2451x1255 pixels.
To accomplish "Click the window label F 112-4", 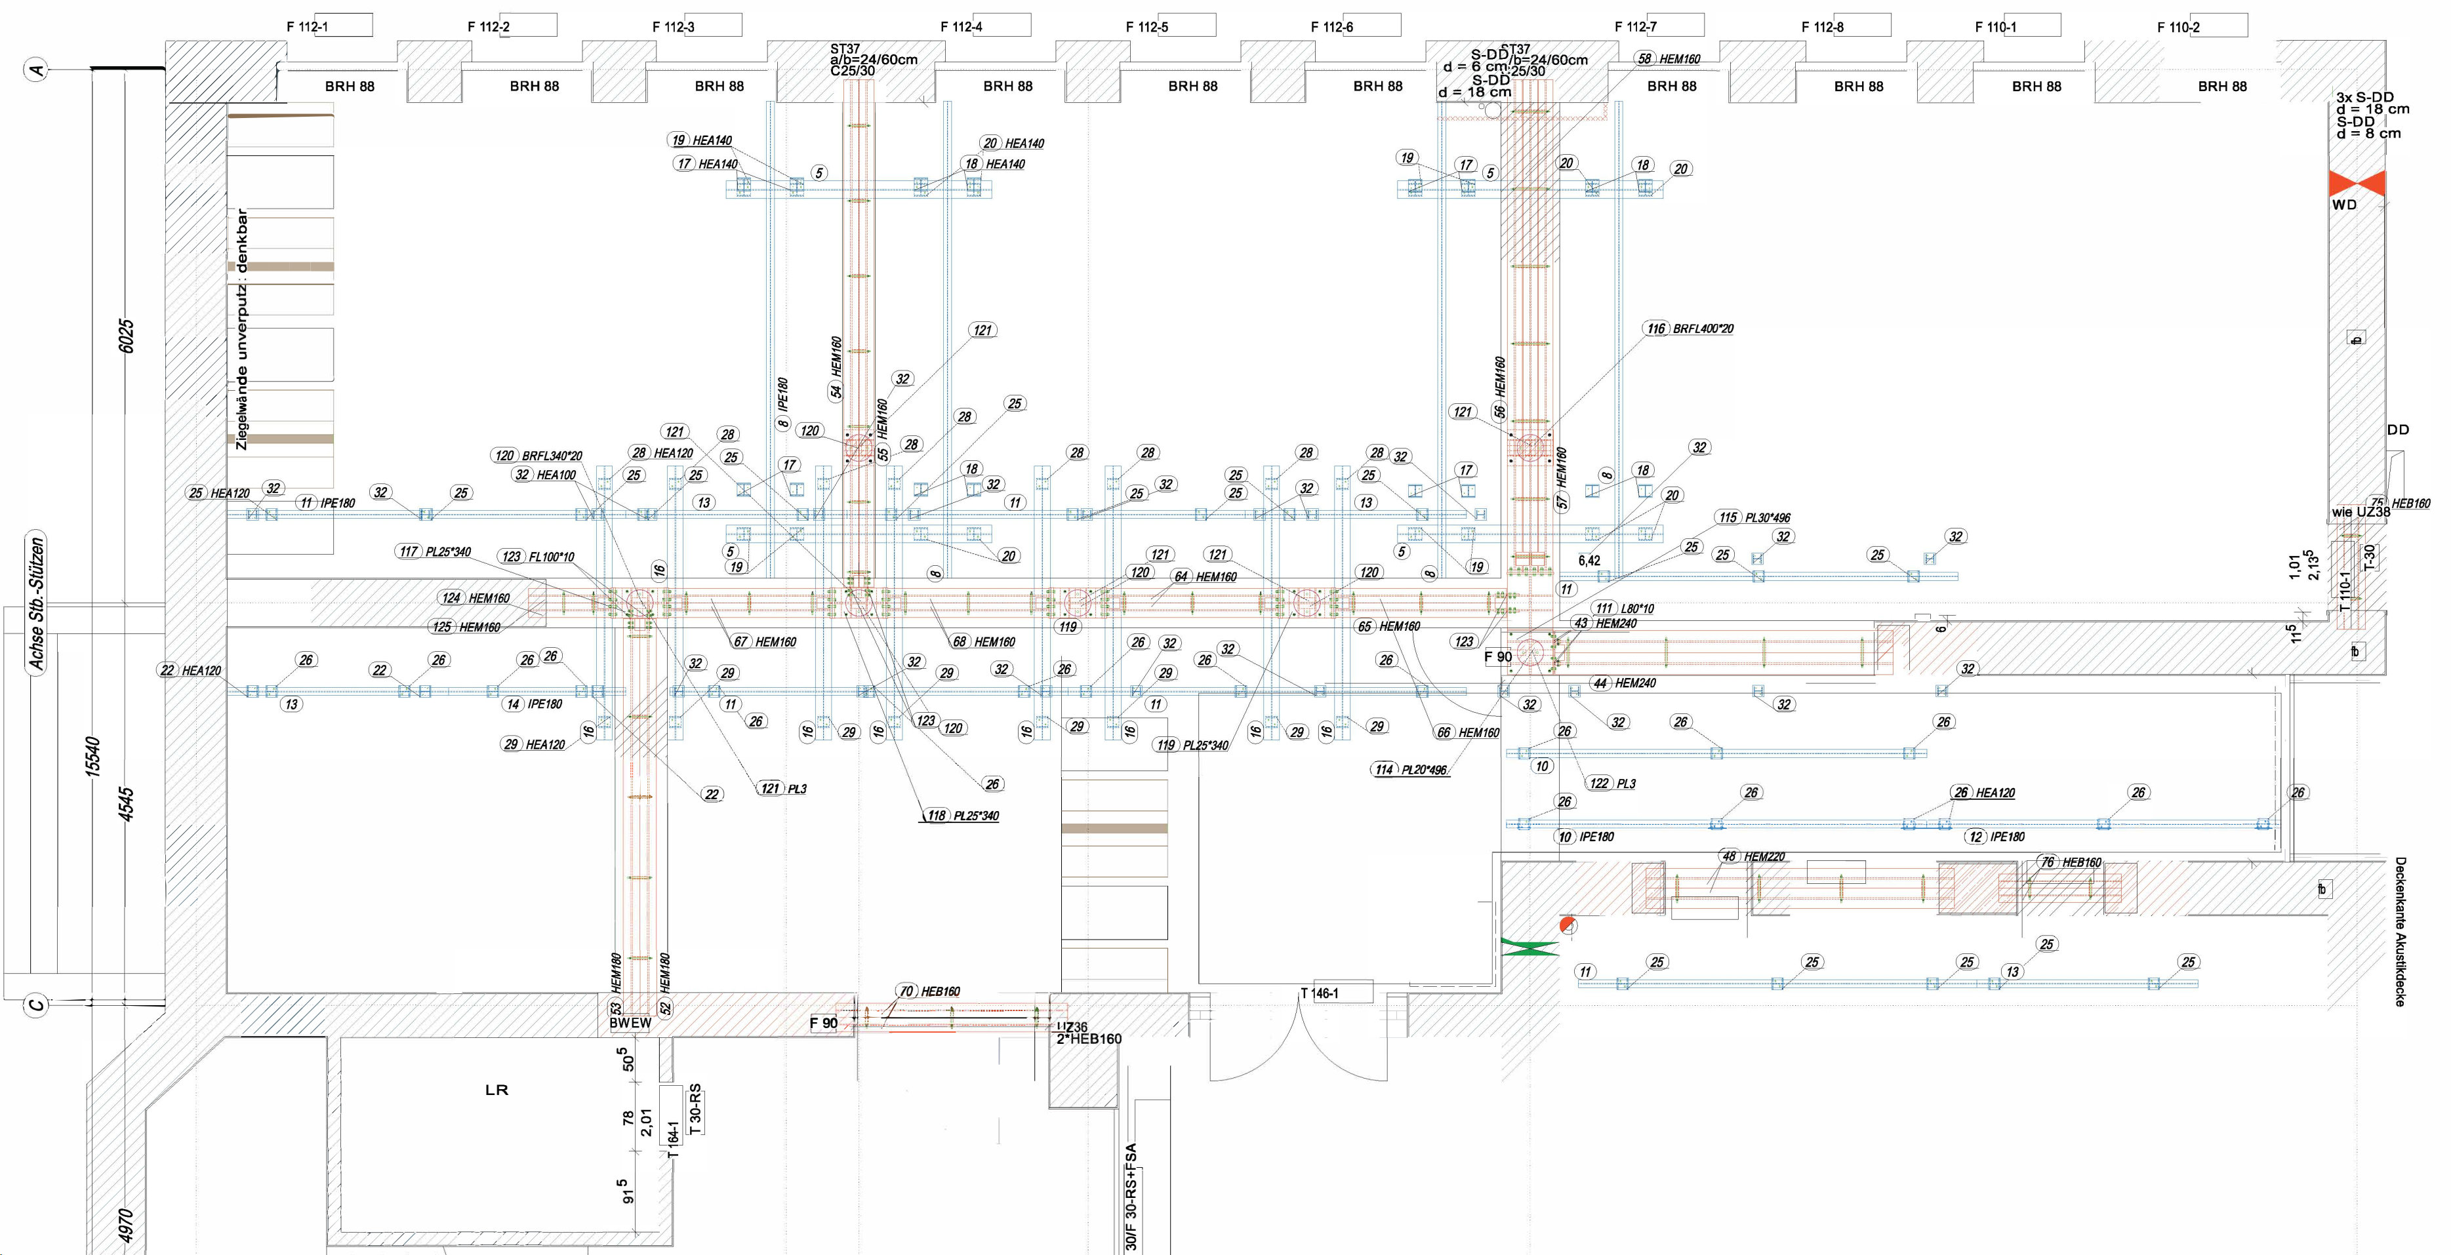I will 961,27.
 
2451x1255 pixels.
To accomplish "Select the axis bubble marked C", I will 36,1004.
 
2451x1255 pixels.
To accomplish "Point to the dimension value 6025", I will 127,336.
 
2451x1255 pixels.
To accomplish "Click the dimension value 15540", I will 92,757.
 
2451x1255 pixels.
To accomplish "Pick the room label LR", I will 496,1090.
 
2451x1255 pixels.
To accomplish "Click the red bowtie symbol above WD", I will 2356,184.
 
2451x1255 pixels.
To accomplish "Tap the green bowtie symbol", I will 1529,947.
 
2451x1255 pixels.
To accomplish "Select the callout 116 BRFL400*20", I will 1690,329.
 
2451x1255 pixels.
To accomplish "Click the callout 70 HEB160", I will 929,991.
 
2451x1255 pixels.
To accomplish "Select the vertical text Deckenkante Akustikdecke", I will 2400,932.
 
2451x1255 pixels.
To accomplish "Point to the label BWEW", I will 630,1023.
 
